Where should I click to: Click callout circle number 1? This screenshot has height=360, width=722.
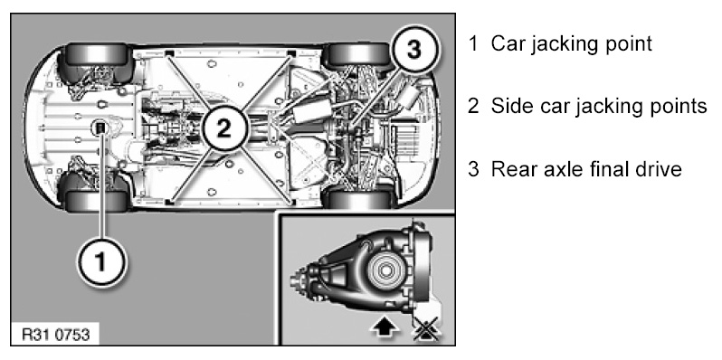tap(100, 261)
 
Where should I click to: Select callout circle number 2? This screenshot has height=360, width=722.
tap(224, 129)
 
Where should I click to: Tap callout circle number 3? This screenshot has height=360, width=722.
tap(413, 49)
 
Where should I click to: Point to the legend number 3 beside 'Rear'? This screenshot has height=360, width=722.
tap(473, 169)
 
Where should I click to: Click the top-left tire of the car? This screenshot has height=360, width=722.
tap(97, 55)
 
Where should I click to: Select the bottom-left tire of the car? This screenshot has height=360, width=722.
tap(96, 200)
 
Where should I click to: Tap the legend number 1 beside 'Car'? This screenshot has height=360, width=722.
tap(473, 43)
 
